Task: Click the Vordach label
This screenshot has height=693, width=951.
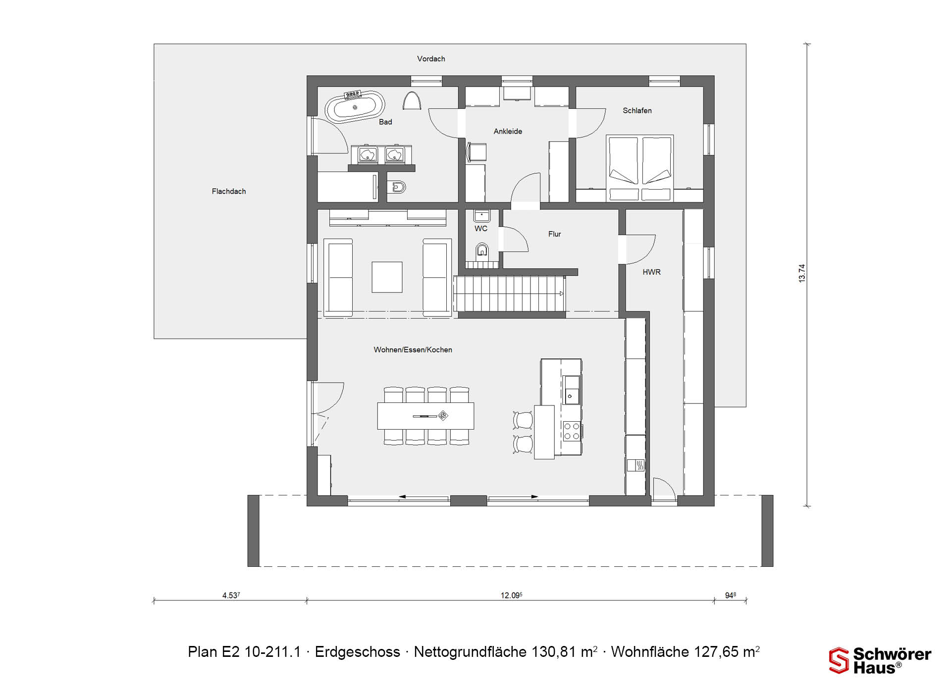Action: point(431,59)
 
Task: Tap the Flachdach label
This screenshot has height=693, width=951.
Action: point(229,192)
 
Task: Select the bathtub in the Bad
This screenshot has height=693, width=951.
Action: point(355,107)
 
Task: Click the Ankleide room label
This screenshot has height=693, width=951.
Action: point(508,132)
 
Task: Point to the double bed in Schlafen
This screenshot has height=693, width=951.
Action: point(640,168)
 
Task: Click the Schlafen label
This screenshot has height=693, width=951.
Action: point(637,111)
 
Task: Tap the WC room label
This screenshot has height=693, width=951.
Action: point(481,229)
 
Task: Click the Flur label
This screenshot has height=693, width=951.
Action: point(555,234)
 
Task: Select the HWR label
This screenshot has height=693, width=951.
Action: point(652,272)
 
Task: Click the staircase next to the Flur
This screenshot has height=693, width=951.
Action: point(510,294)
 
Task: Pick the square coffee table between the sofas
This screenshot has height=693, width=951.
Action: point(387,277)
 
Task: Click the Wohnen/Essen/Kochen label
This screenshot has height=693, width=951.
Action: point(413,350)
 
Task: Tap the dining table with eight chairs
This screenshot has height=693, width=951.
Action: point(426,416)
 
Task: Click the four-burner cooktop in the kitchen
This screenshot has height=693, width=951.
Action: point(572,431)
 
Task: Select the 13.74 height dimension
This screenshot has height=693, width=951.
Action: point(802,273)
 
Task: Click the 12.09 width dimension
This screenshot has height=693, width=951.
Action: point(511,595)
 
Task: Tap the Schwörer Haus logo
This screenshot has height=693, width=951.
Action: point(880,661)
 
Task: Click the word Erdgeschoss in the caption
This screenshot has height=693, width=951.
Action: point(358,652)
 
